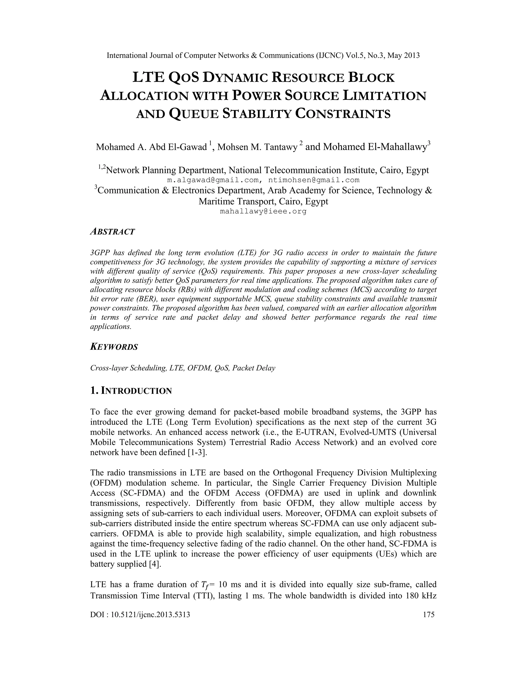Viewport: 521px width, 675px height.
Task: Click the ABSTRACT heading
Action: tap(112, 232)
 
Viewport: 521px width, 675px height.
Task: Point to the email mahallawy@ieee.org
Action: tap(263, 211)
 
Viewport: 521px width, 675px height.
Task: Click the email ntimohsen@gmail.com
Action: tap(314, 180)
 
